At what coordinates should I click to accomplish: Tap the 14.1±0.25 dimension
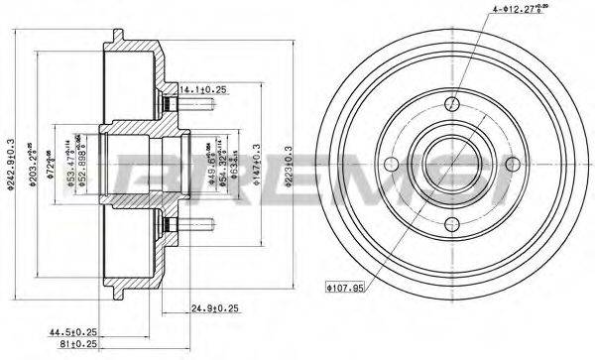[202, 89]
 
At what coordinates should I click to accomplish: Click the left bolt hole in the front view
[394, 164]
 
